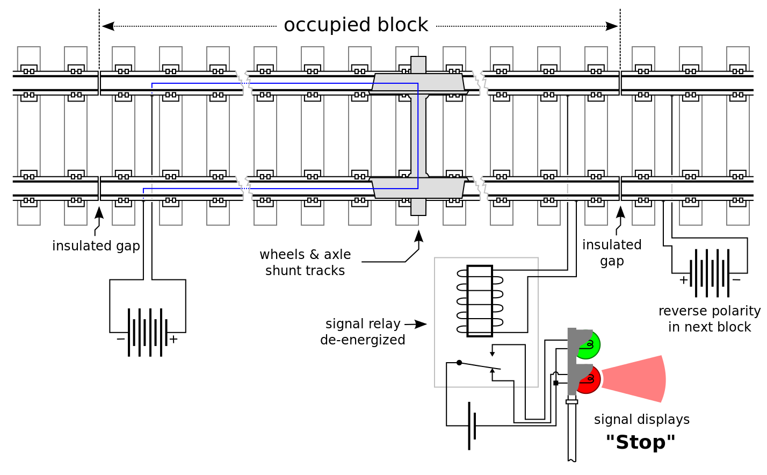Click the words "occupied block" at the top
[x=356, y=25]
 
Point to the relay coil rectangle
[x=480, y=301]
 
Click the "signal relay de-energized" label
[x=363, y=332]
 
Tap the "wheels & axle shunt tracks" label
[x=305, y=262]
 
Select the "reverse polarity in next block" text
[x=710, y=319]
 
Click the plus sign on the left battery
[x=173, y=339]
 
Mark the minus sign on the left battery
[x=120, y=339]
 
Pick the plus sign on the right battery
[x=683, y=280]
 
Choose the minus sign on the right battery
[x=736, y=280]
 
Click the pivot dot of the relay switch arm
[x=459, y=362]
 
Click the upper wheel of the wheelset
[x=418, y=83]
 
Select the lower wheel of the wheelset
[x=418, y=188]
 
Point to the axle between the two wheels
[x=418, y=135]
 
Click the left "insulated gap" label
[x=96, y=246]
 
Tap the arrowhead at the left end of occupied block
[x=108, y=26]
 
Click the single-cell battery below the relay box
[x=472, y=426]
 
